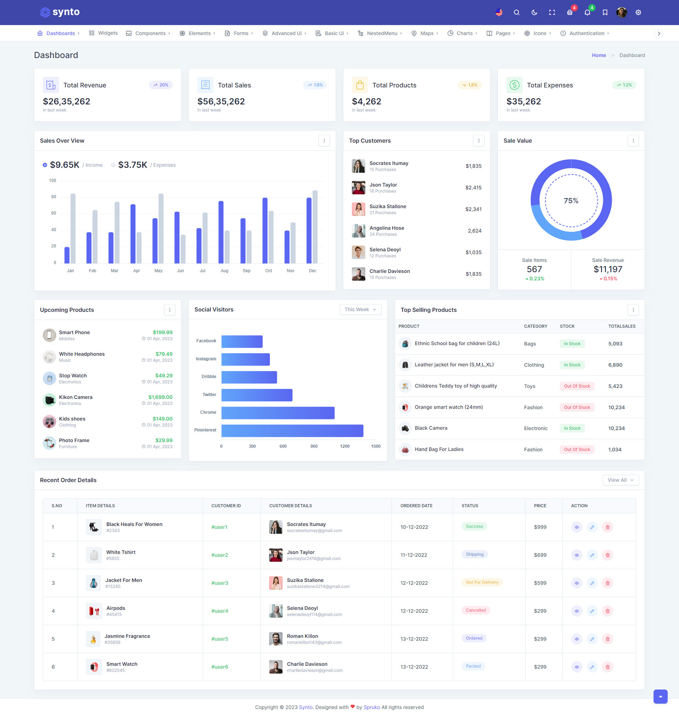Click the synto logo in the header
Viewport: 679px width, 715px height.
coord(60,12)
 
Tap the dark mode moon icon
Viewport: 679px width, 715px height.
coord(534,12)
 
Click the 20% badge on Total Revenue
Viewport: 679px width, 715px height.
coord(160,85)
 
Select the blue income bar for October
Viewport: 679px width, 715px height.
coord(265,230)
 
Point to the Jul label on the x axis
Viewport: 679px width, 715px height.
coord(202,270)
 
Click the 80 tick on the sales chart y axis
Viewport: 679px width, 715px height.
coord(53,197)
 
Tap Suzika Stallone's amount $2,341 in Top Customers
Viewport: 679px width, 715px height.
coord(473,209)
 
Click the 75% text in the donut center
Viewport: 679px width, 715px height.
coord(571,201)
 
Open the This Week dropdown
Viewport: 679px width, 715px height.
coord(360,310)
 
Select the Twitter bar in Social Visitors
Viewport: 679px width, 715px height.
coord(257,395)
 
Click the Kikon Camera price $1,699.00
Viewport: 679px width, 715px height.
coord(160,397)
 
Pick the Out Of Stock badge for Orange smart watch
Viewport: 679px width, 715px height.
coord(576,407)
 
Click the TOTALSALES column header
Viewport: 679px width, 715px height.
coord(621,326)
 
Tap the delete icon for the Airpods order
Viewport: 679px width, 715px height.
coord(607,611)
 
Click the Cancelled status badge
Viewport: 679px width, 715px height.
coord(476,610)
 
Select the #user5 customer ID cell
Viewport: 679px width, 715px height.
coord(220,639)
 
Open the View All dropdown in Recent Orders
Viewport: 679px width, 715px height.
coord(620,480)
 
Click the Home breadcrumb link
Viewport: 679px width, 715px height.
coord(599,56)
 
